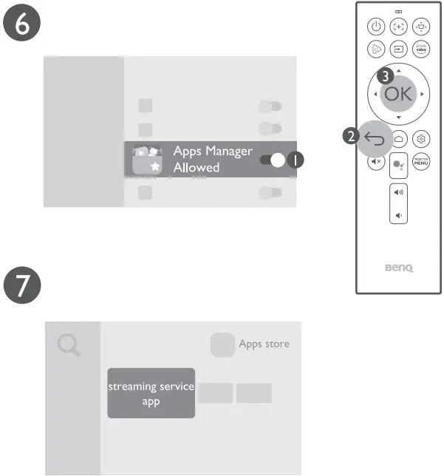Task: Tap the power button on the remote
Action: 376,26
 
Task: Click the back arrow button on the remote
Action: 375,138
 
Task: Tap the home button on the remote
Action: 399,138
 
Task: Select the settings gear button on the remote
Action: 421,138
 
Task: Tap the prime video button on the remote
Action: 421,50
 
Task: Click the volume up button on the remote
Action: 399,192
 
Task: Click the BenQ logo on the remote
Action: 399,271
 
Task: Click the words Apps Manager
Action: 213,152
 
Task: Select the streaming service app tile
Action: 151,393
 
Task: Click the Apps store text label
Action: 264,344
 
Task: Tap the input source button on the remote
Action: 399,50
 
